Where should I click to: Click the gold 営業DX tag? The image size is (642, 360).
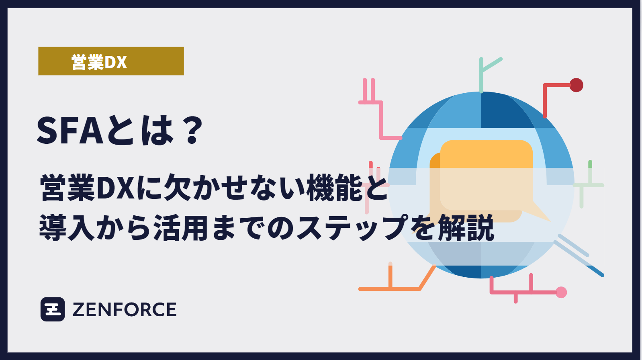coord(111,61)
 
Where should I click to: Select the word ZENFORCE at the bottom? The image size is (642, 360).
coord(124,310)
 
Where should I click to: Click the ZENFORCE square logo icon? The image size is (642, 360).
coord(53,309)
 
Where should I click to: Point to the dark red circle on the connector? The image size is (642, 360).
coord(576,85)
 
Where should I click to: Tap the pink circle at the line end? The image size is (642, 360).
coord(561,292)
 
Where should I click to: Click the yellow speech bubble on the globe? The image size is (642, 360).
coord(486,173)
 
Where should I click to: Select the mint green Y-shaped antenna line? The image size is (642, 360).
coord(482,72)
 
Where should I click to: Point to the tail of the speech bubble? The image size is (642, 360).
coord(540,213)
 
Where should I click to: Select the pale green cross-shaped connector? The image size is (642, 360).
coord(589,185)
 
